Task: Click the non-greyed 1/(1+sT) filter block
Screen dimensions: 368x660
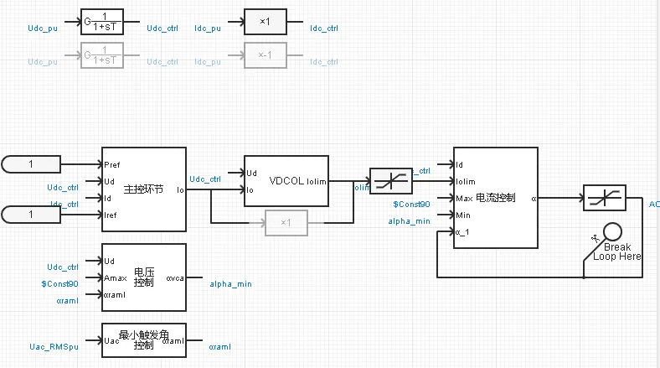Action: click(101, 23)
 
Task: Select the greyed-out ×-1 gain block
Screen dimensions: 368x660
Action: click(266, 56)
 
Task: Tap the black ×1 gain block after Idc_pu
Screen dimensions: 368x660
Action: click(266, 23)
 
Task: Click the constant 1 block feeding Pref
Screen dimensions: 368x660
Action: click(31, 164)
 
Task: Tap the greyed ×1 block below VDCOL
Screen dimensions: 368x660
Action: click(286, 223)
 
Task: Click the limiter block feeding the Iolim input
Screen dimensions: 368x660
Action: click(391, 181)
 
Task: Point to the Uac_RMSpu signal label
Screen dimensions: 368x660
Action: click(54, 345)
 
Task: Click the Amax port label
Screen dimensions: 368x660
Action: click(116, 277)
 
